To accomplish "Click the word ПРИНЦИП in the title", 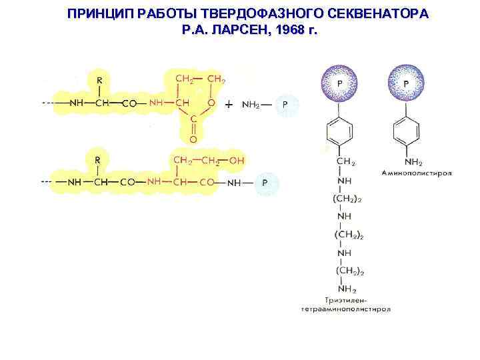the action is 99,14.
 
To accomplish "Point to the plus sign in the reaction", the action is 229,105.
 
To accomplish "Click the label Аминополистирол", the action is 417,173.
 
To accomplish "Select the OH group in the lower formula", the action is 237,161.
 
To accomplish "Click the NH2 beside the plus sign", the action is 253,105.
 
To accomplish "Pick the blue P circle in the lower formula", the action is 265,182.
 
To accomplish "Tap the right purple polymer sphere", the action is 406,83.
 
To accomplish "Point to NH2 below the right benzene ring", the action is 407,162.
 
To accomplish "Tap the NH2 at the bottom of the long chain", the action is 347,289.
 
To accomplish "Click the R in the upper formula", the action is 100,80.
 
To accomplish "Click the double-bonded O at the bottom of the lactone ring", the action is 193,140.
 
